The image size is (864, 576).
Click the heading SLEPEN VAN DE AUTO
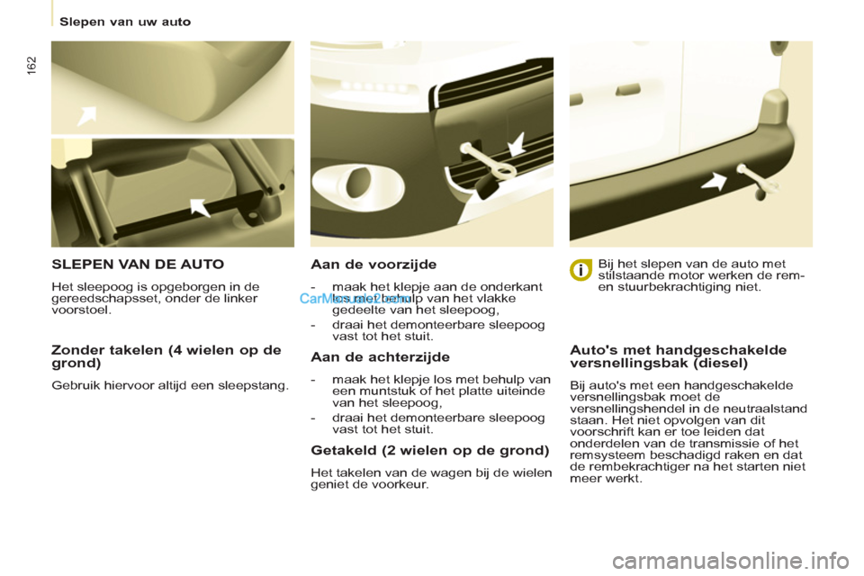[138, 265]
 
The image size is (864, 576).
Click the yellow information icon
[581, 269]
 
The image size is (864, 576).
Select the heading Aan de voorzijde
[373, 265]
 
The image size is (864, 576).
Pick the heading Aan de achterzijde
[380, 357]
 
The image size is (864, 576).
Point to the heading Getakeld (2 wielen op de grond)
[429, 450]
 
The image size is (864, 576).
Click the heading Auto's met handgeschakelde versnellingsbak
[679, 356]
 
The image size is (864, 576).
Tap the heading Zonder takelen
[166, 356]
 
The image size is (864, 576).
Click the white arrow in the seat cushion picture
[86, 116]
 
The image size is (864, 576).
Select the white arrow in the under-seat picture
[200, 208]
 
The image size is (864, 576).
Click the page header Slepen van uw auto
[125, 21]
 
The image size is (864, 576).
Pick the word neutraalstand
[769, 408]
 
